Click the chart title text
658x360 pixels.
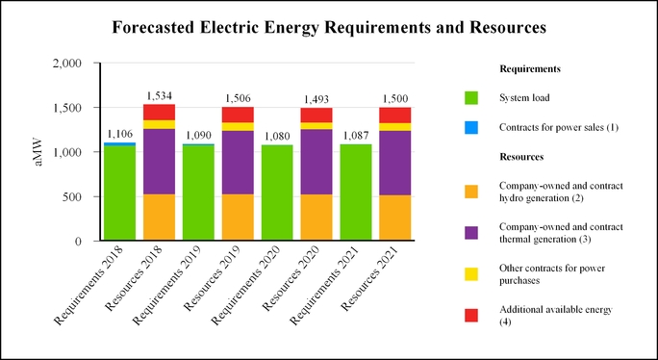[329, 29]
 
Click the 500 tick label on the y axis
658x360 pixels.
[82, 196]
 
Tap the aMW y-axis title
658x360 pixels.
[39, 152]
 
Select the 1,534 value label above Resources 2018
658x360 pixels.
[159, 96]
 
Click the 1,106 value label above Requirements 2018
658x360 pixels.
[119, 134]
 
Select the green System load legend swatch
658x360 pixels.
[470, 97]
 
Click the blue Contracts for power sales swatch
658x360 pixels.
[470, 127]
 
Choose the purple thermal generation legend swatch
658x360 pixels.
[470, 233]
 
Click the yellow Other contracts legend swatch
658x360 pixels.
[470, 274]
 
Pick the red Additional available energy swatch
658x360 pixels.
[470, 316]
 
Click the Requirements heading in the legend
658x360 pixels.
[531, 69]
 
